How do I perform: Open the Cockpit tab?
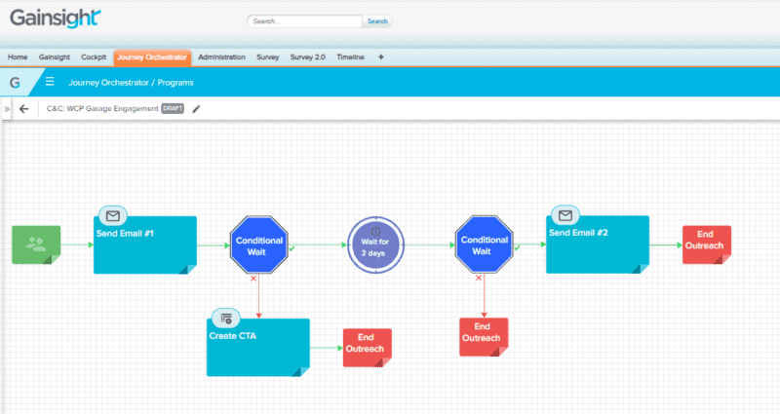94,57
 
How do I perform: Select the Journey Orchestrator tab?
151,57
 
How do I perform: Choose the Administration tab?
221,57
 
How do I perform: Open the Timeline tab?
350,57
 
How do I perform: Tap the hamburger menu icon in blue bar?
50,82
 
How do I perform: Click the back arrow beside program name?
24,108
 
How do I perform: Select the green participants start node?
36,245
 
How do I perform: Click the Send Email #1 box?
145,245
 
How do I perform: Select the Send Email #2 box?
597,245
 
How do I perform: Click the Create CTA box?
258,347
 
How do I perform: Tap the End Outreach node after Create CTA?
367,347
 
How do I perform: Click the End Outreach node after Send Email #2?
706,245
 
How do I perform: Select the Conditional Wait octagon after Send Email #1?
259,245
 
